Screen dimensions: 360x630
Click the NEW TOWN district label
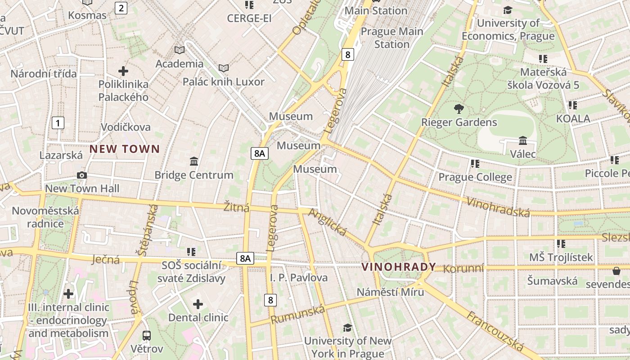click(x=125, y=149)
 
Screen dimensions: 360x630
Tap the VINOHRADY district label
click(x=399, y=267)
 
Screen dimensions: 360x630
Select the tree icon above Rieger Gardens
click(x=459, y=108)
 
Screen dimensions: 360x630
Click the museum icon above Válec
click(x=523, y=141)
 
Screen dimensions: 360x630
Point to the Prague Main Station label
click(x=392, y=38)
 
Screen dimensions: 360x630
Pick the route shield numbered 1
click(x=58, y=122)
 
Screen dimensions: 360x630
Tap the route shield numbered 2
click(x=121, y=8)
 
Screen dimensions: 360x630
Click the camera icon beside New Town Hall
click(x=82, y=175)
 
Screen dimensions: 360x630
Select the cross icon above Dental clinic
click(x=198, y=304)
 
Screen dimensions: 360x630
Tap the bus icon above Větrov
click(x=147, y=335)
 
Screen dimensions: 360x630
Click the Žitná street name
click(x=236, y=207)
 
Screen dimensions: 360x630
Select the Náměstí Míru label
click(x=390, y=292)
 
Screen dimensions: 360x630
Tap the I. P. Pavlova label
click(x=299, y=278)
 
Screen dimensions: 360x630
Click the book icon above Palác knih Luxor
click(x=224, y=68)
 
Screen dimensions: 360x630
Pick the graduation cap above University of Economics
click(x=508, y=10)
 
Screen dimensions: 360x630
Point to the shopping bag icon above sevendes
click(x=616, y=271)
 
